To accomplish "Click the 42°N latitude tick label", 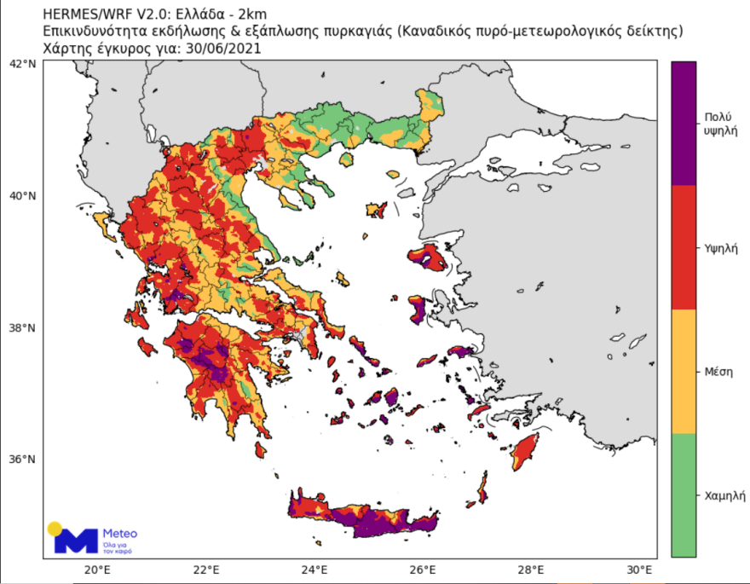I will point(23,64).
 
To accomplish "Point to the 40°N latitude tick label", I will point(23,196).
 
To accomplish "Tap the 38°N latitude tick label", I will point(23,328).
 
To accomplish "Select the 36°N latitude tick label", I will point(23,460).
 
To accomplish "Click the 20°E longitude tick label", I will point(96,570).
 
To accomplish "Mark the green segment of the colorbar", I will point(684,494).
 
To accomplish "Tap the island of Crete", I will point(366,516).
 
